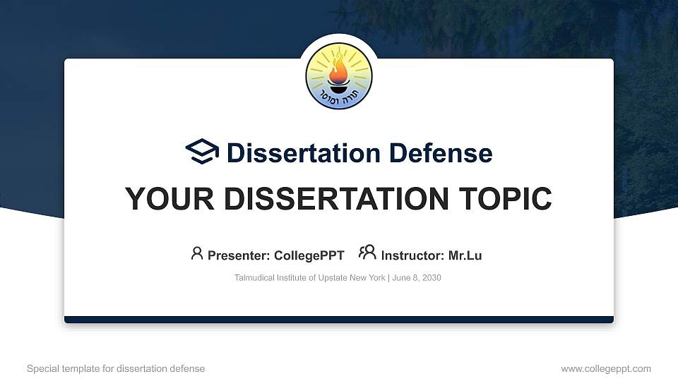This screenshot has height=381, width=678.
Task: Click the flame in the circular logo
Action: [x=339, y=69]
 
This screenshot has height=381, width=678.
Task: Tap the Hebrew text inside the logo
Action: [x=339, y=99]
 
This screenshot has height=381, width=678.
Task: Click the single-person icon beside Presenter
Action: [x=197, y=253]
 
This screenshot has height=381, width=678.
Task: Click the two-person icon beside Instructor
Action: [x=367, y=253]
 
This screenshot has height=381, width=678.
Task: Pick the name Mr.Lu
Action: [x=465, y=255]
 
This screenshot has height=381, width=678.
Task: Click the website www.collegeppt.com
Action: [x=606, y=368]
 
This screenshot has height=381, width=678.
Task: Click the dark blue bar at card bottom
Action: [x=339, y=320]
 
